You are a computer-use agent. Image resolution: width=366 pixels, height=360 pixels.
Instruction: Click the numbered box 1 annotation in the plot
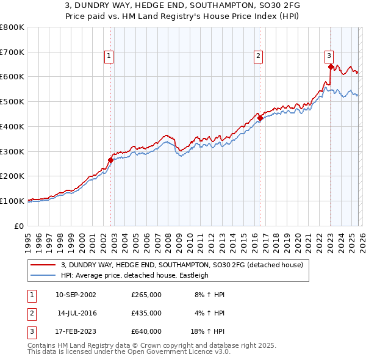click(x=109, y=56)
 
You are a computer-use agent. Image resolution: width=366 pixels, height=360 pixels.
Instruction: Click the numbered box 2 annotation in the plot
click(x=258, y=56)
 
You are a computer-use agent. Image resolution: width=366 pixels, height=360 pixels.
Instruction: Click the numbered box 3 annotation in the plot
click(x=329, y=56)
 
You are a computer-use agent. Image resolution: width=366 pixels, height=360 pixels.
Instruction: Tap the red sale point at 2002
click(x=111, y=160)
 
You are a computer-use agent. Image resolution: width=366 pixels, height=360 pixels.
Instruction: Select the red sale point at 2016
click(x=260, y=118)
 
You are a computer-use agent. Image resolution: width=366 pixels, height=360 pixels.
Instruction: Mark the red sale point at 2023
click(x=331, y=67)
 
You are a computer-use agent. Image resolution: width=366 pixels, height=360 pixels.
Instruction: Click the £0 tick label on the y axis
click(x=19, y=226)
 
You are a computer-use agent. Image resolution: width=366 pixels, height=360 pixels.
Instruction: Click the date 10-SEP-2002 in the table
click(x=76, y=295)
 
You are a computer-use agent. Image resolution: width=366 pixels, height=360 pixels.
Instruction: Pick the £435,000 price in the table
click(x=146, y=313)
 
